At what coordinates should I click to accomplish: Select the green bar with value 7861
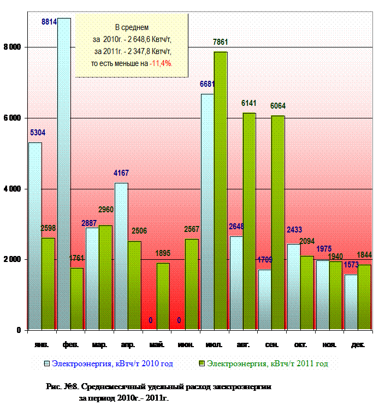tap(221, 190)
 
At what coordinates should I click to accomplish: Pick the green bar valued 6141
tap(250, 221)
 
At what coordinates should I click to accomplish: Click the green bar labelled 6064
tap(278, 223)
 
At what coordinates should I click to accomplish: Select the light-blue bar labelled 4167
tap(121, 256)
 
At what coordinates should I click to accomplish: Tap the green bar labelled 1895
tap(163, 296)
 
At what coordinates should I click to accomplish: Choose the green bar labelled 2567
tap(192, 284)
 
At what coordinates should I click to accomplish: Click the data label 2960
tap(105, 210)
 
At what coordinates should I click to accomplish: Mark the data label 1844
tap(364, 255)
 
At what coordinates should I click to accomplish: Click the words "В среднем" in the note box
tap(132, 27)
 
